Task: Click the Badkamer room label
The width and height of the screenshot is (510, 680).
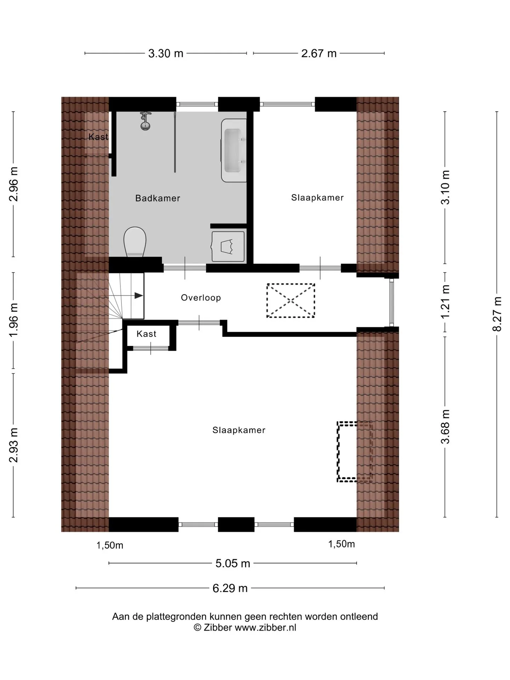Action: click(x=158, y=198)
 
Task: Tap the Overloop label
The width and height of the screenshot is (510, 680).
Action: click(x=201, y=297)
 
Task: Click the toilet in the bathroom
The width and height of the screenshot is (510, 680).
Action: click(x=135, y=242)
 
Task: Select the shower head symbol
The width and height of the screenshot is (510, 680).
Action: click(x=145, y=121)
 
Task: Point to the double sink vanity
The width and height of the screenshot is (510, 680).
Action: click(x=234, y=150)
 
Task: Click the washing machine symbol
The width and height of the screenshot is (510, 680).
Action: click(x=228, y=246)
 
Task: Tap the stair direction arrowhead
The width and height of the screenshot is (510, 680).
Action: click(x=138, y=295)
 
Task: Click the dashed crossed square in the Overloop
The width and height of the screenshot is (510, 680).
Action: click(x=291, y=300)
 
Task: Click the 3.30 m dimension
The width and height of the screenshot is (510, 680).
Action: click(x=166, y=53)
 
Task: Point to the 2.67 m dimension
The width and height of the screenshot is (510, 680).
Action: click(x=319, y=53)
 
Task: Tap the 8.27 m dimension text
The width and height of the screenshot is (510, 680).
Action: click(x=497, y=314)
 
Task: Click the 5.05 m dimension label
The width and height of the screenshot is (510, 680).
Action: click(x=233, y=563)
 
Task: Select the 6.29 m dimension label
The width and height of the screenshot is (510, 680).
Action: click(x=230, y=588)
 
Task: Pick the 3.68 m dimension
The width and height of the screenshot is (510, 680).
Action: click(x=445, y=426)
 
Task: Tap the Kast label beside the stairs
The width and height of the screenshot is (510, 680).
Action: click(x=146, y=334)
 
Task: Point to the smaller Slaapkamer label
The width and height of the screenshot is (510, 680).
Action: click(x=317, y=198)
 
